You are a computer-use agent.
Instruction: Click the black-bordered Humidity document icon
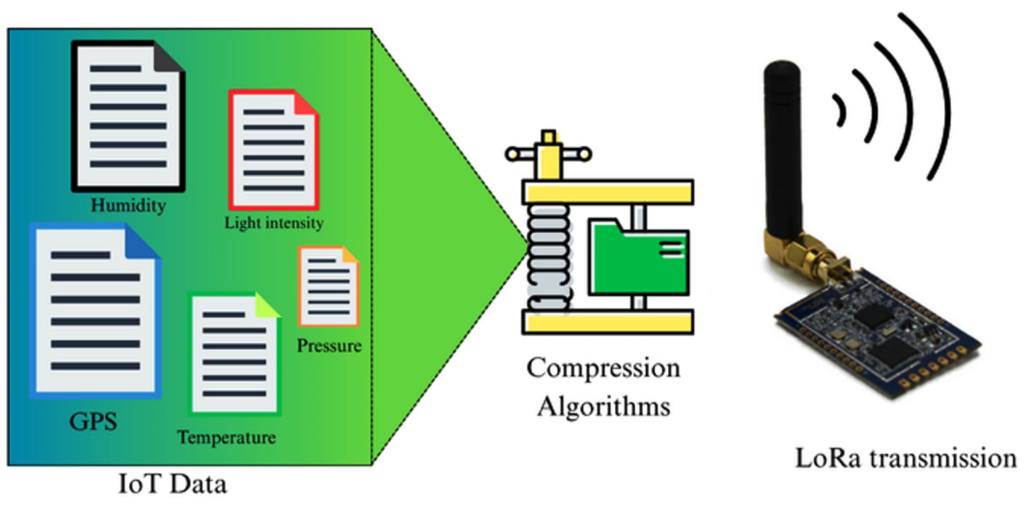coord(127,116)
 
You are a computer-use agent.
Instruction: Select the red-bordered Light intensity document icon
coord(273,149)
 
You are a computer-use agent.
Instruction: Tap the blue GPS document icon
coord(95,309)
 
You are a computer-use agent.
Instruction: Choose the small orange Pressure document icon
coord(328,285)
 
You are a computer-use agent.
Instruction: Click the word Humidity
coord(128,206)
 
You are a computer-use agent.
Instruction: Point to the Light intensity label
coord(273,223)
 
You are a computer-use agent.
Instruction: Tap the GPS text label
coord(93,422)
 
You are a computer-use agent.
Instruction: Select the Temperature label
coord(226,438)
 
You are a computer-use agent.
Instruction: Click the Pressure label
coord(329,346)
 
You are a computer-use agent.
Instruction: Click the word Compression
coord(603,368)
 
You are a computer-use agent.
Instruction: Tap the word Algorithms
coord(603,406)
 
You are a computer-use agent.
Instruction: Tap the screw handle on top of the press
coord(548,152)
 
